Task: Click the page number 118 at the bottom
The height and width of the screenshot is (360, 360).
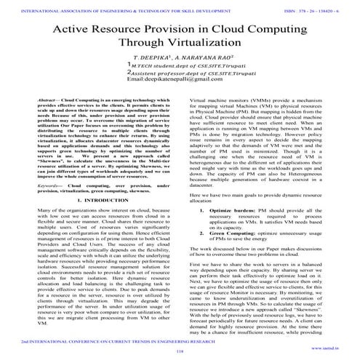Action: [180, 352]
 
